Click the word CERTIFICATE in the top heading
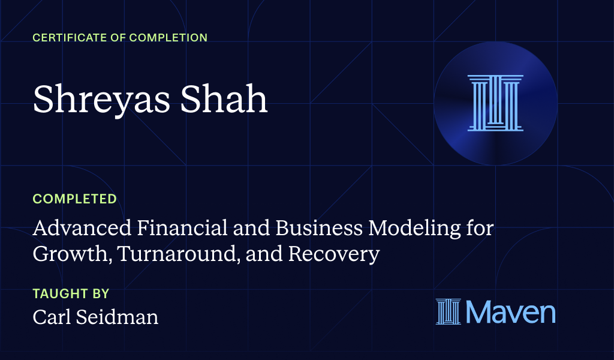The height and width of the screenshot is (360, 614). point(66,38)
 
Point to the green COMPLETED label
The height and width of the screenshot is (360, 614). point(75,199)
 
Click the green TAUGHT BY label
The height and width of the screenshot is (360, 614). point(71,294)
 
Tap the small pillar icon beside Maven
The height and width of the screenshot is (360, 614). point(448,312)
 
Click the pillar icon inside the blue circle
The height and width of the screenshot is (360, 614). point(495,103)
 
